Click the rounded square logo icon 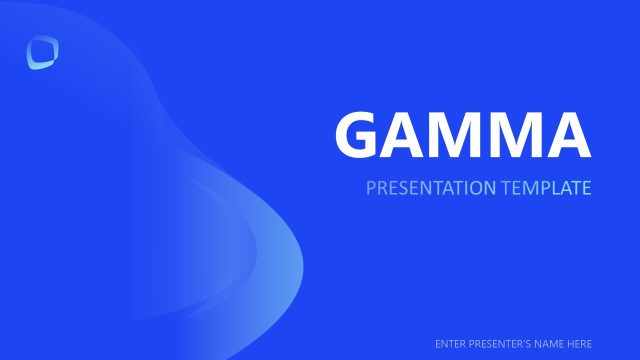pos(43,53)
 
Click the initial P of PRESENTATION pos(371,187)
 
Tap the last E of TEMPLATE pos(587,187)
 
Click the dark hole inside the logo pos(43,51)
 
